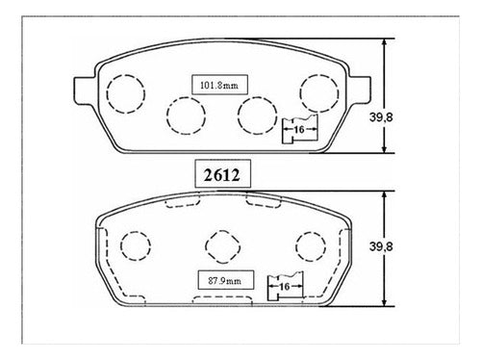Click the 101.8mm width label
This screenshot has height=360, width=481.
click(x=219, y=86)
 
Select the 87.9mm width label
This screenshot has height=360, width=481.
click(x=224, y=281)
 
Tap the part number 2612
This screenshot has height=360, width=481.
click(x=222, y=175)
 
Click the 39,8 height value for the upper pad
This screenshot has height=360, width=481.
click(x=381, y=117)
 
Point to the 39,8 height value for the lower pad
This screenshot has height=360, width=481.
click(x=381, y=246)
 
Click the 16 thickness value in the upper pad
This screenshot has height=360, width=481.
click(x=299, y=130)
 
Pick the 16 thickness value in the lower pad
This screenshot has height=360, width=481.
click(x=285, y=287)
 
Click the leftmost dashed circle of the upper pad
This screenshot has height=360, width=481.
click(x=107, y=93)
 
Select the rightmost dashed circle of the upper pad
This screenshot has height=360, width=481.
click(x=300, y=93)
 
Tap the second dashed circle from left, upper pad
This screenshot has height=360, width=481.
click(x=167, y=116)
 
